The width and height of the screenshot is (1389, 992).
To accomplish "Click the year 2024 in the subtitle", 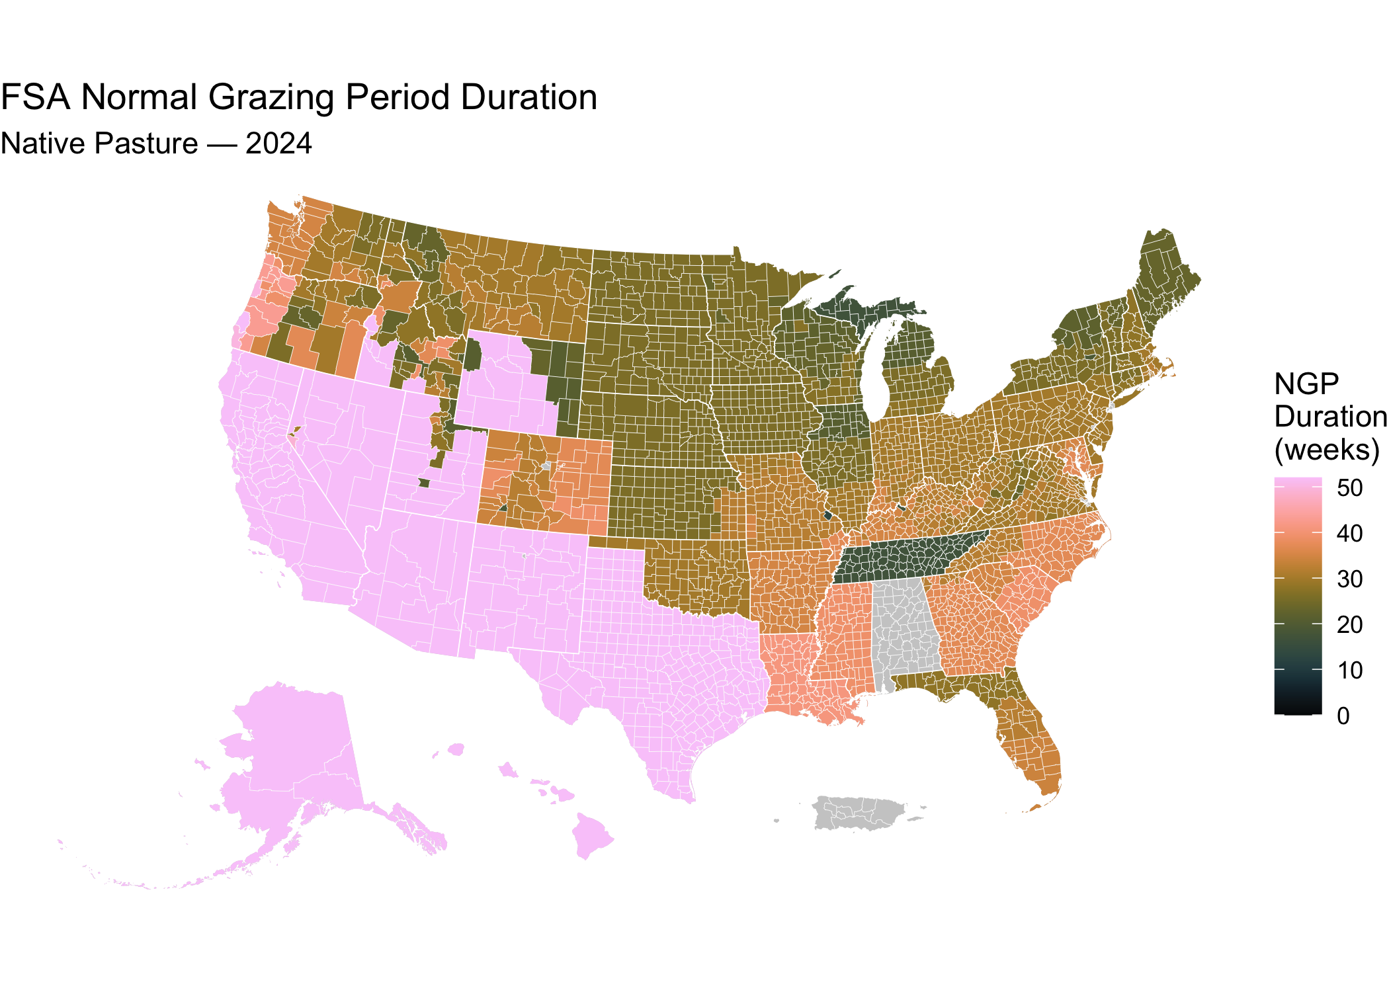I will [278, 144].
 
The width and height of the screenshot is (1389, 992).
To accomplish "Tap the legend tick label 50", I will [1349, 488].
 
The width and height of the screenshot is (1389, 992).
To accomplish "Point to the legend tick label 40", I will [1349, 534].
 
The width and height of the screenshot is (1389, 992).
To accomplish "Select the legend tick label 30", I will [1349, 579].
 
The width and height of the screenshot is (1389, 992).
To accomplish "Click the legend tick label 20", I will [1349, 625].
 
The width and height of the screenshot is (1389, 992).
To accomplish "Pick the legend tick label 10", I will [1349, 671].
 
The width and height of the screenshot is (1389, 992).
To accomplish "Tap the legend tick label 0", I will [1343, 716].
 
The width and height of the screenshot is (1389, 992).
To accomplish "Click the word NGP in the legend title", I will [1306, 384].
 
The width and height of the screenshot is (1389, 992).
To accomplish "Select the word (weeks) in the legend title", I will [1327, 450].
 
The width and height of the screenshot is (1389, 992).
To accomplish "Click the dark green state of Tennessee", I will [906, 556].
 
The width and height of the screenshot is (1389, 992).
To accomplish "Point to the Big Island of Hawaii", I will [591, 835].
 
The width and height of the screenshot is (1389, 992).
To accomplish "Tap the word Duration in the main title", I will [529, 98].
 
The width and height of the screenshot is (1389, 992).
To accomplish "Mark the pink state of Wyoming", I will [506, 380].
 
